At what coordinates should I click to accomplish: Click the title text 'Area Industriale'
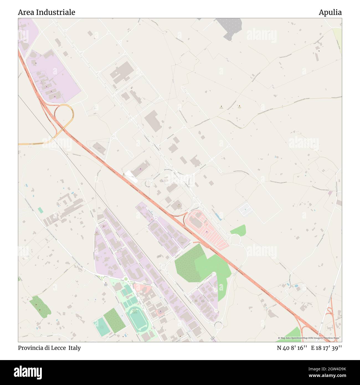coord(47,12)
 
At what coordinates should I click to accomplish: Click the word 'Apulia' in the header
coord(330,12)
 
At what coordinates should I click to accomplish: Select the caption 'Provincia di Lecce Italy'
coord(49,348)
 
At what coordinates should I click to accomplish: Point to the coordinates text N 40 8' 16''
coord(292,348)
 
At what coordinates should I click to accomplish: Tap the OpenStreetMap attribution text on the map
coord(310,338)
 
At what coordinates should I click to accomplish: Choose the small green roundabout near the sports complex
coord(126,279)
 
